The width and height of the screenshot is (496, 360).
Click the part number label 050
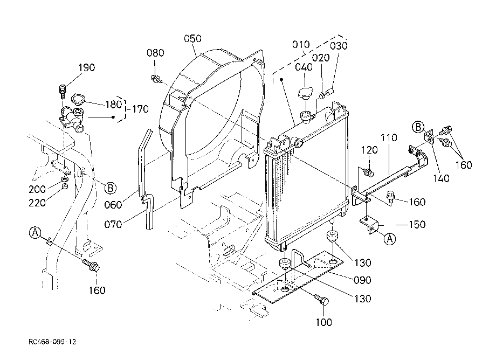pyautogui.click(x=192, y=39)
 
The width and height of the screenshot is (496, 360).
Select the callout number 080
pyautogui.click(x=155, y=53)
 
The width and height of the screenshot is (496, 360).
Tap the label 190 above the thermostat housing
pyautogui.click(x=86, y=68)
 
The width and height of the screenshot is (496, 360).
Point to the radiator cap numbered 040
pyautogui.click(x=305, y=94)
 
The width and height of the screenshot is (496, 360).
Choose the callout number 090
pyautogui.click(x=362, y=280)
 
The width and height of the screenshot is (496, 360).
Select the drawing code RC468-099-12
pyautogui.click(x=52, y=342)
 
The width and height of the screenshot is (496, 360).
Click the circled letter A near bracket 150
pyautogui.click(x=390, y=238)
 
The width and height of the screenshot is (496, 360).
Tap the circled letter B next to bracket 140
pyautogui.click(x=418, y=127)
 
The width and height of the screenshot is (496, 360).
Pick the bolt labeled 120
pyautogui.click(x=369, y=172)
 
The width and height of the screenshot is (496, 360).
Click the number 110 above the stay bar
pyautogui.click(x=389, y=138)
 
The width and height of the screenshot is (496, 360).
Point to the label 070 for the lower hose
pyautogui.click(x=113, y=225)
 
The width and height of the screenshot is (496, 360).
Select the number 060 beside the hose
pyautogui.click(x=113, y=205)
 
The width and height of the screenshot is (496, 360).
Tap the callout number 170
pyautogui.click(x=140, y=109)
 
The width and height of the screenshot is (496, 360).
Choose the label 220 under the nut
pyautogui.click(x=37, y=203)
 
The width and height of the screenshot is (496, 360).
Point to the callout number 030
pyautogui.click(x=339, y=46)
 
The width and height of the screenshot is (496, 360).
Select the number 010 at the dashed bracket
pyautogui.click(x=301, y=45)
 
